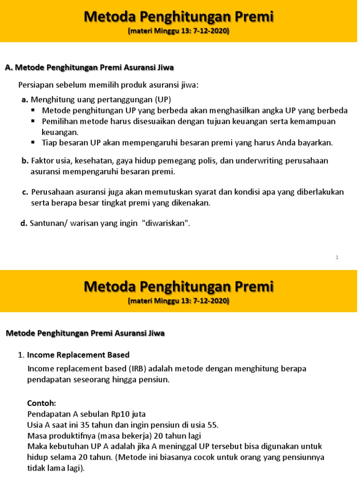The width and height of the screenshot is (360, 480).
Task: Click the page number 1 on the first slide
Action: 337,257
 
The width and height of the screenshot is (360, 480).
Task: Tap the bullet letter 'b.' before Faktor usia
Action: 25,161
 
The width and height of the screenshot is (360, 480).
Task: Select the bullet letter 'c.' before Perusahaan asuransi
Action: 25,192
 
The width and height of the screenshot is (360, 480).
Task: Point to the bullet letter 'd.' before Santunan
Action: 24,224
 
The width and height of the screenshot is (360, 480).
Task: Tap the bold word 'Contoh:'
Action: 41,403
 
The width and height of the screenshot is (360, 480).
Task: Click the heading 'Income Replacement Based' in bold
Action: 78,355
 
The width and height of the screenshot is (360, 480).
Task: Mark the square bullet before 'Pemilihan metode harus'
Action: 33,121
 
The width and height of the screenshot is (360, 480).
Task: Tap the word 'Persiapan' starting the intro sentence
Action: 34,85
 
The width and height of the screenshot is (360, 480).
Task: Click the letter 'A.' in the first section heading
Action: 8,67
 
